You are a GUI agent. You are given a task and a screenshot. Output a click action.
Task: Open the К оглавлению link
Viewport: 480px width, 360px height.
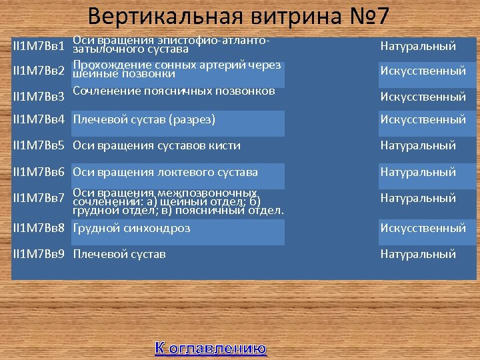click(211, 348)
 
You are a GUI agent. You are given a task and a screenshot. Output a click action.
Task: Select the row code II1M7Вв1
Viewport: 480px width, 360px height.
click(39, 47)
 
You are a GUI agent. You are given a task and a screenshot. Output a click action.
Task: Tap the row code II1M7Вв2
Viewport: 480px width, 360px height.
click(39, 71)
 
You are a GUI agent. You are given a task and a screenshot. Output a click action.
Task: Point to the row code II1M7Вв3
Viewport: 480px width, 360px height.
click(39, 97)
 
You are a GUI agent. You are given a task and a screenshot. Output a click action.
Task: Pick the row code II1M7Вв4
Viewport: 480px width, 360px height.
click(39, 120)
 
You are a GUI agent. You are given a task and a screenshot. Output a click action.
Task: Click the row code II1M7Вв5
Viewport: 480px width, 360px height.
click(39, 145)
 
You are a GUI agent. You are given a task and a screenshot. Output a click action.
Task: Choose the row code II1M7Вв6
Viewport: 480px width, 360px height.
click(39, 172)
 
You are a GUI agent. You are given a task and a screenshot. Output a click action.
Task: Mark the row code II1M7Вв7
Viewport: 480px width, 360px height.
click(39, 198)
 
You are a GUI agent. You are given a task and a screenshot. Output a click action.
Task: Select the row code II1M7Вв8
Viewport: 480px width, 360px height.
click(39, 228)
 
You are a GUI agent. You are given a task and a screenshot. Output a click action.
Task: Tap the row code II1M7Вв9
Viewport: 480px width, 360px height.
click(39, 254)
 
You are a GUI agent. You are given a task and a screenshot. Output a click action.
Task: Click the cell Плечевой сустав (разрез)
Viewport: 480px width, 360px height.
click(144, 120)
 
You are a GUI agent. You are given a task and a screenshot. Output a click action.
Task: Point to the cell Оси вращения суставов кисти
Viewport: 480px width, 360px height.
click(157, 145)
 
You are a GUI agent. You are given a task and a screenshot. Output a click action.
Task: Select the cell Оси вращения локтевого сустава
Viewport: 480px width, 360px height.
click(165, 172)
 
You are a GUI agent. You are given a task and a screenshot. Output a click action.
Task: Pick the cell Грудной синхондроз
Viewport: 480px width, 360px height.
click(131, 228)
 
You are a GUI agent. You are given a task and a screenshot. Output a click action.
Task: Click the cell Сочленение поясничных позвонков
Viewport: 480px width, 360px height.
click(174, 91)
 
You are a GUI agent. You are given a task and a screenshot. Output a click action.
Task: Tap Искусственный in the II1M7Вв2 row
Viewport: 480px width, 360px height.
click(423, 71)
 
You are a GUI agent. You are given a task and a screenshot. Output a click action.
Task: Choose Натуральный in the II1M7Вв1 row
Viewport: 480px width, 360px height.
click(418, 47)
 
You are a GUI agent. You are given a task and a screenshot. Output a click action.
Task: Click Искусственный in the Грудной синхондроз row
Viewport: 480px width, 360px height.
click(423, 228)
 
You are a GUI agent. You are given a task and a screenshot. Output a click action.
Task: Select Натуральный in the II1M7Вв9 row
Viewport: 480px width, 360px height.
click(418, 254)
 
